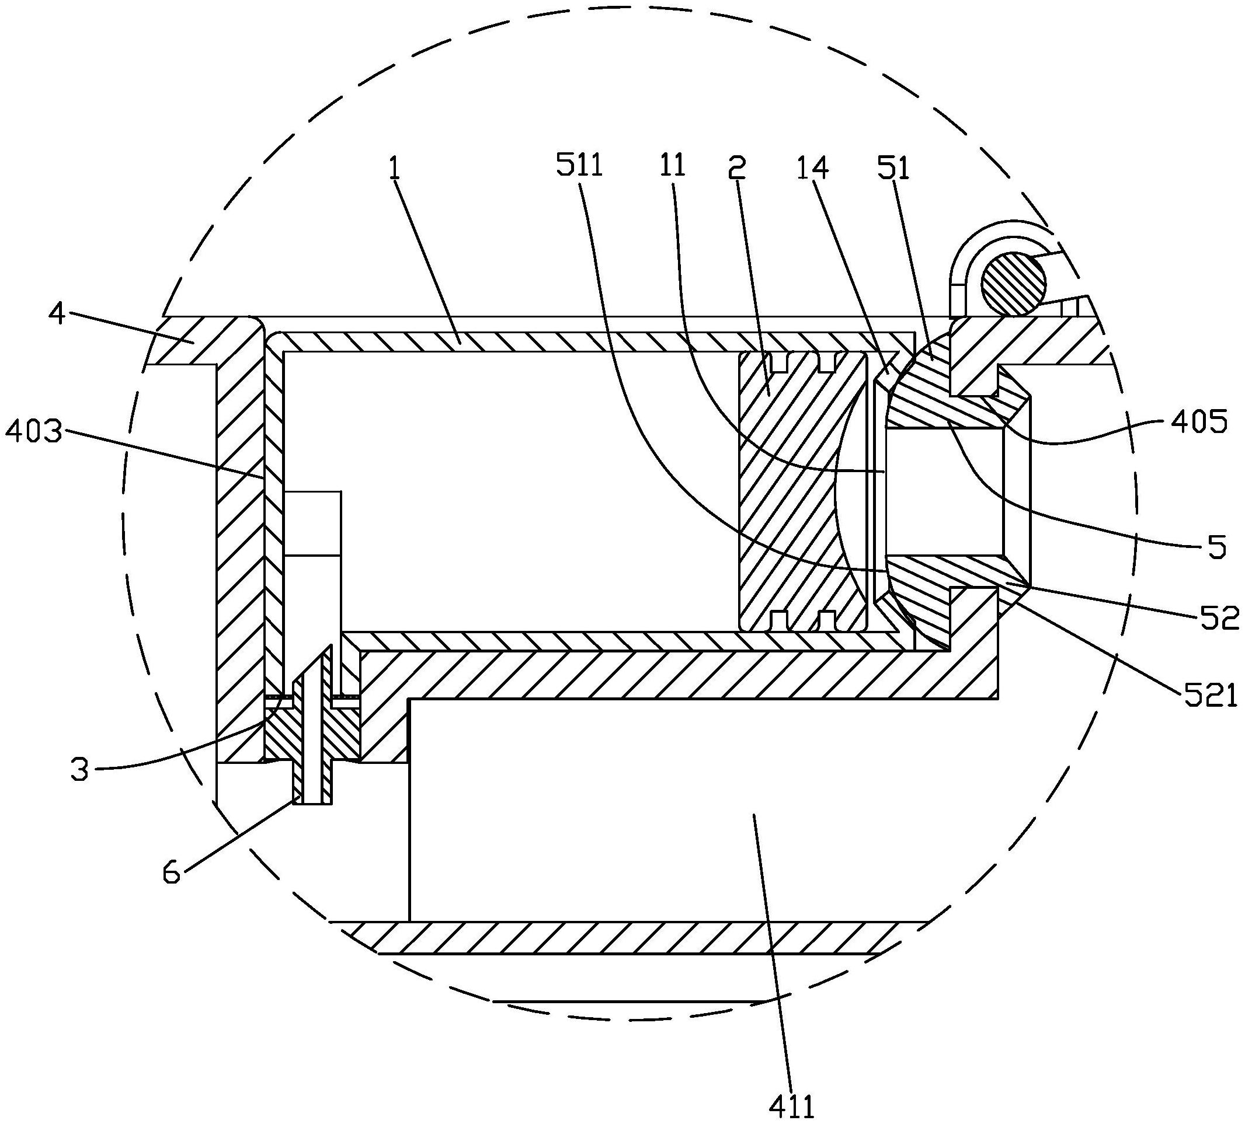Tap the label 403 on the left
[x=33, y=432]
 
